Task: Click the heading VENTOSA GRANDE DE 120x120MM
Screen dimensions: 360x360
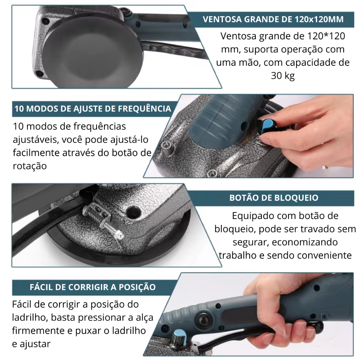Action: pos(273,19)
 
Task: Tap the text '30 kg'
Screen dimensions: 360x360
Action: pos(283,76)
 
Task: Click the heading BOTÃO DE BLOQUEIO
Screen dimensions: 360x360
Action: pos(274,198)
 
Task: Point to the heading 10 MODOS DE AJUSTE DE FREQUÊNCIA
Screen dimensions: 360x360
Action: pos(93,109)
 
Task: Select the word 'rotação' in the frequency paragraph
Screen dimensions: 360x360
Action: pos(30,166)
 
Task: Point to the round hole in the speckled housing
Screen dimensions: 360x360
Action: pos(133,211)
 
